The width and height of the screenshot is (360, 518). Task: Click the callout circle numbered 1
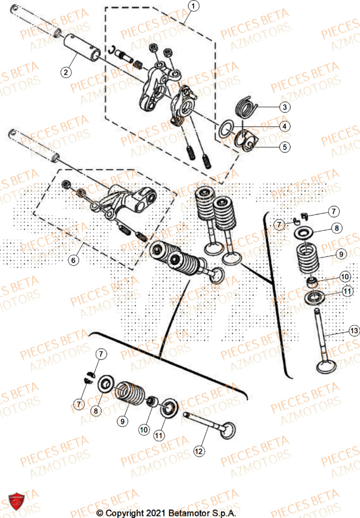coord(193,7)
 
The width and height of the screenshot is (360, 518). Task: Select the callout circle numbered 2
coord(65,73)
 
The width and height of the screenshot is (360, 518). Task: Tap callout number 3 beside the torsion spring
coord(284,107)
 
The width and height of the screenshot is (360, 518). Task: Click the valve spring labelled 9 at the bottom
coord(129,396)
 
